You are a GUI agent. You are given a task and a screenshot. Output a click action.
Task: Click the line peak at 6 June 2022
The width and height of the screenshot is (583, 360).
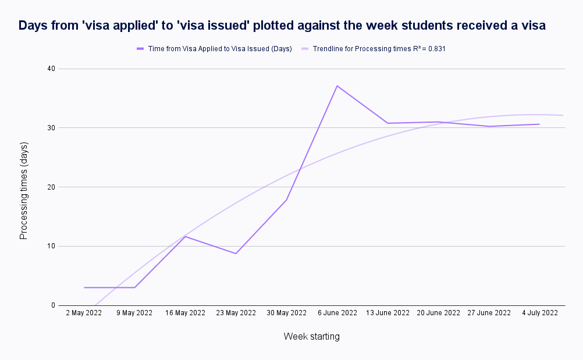[x=337, y=85]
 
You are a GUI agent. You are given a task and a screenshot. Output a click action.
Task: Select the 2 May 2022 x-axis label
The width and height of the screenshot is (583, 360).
[x=84, y=313]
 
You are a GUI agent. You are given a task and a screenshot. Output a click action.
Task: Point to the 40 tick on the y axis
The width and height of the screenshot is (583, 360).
[x=51, y=69]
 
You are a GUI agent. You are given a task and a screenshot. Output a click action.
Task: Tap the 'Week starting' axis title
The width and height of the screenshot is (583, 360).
[x=311, y=337]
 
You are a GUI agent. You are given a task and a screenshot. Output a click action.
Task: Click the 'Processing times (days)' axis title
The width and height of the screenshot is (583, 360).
[x=24, y=190]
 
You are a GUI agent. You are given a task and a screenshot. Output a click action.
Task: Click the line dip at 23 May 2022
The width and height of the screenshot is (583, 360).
[x=236, y=254]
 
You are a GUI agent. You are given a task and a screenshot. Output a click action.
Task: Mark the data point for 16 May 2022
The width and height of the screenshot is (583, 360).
[x=185, y=236]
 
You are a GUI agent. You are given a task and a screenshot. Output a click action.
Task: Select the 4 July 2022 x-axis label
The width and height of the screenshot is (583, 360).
[x=539, y=313]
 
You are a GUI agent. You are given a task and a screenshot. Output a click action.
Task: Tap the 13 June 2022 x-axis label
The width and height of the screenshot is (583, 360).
[x=388, y=313]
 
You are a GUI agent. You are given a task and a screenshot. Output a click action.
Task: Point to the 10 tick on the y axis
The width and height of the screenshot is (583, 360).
[x=51, y=246]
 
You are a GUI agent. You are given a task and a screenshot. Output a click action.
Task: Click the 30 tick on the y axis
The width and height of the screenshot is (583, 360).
[x=51, y=128]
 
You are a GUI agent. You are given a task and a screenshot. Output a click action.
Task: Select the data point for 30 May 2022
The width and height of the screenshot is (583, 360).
[x=286, y=200]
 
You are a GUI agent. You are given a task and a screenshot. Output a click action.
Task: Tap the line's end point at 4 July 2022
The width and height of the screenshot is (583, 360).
[x=539, y=124]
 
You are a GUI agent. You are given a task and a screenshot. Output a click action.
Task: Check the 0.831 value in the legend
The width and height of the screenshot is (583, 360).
[x=437, y=49]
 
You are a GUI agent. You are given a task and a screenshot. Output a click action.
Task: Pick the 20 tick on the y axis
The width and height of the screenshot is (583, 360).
[x=51, y=187]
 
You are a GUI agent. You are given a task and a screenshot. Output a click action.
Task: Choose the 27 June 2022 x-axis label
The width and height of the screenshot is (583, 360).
[x=489, y=313]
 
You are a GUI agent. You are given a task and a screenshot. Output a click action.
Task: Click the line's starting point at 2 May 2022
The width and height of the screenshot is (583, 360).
[x=84, y=287]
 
